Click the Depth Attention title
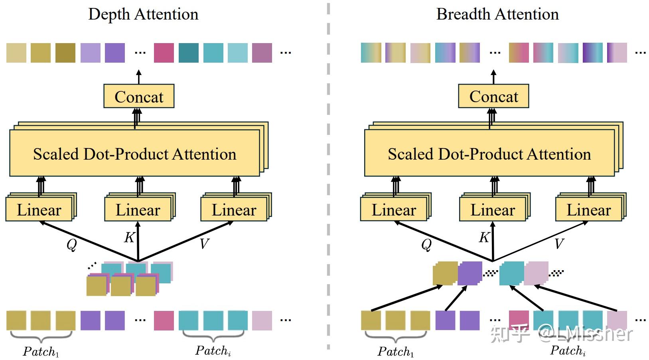(x=143, y=14)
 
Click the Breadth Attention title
(x=497, y=14)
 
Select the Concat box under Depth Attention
(x=139, y=96)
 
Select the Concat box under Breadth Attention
(x=493, y=96)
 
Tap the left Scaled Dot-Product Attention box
(x=134, y=154)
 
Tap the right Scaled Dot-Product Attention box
(x=489, y=154)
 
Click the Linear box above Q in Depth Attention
(x=39, y=210)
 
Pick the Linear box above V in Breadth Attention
(x=588, y=210)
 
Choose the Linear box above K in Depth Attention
(x=138, y=210)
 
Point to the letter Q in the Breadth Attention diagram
(x=426, y=244)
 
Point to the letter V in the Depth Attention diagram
(x=204, y=243)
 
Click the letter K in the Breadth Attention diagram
(x=484, y=237)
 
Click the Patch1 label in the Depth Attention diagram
(x=41, y=352)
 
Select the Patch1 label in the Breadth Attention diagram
(x=395, y=352)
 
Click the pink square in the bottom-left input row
(x=164, y=321)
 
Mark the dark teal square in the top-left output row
(x=189, y=53)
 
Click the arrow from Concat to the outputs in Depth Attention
(x=139, y=77)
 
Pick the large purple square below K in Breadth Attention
(x=470, y=273)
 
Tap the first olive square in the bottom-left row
(x=16, y=321)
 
